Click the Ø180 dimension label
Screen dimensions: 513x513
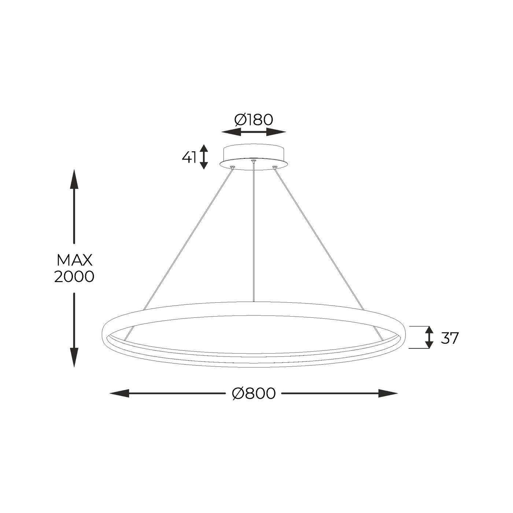[x=254, y=120]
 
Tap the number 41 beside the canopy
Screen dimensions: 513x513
[x=189, y=157]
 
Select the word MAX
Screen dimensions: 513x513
[x=74, y=260]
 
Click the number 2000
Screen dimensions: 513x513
[x=74, y=277]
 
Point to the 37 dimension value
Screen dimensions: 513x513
[x=449, y=338]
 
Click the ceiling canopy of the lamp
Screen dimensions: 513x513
[x=254, y=156]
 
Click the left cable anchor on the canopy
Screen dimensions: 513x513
[x=232, y=167]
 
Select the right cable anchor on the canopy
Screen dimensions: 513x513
[x=274, y=167]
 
